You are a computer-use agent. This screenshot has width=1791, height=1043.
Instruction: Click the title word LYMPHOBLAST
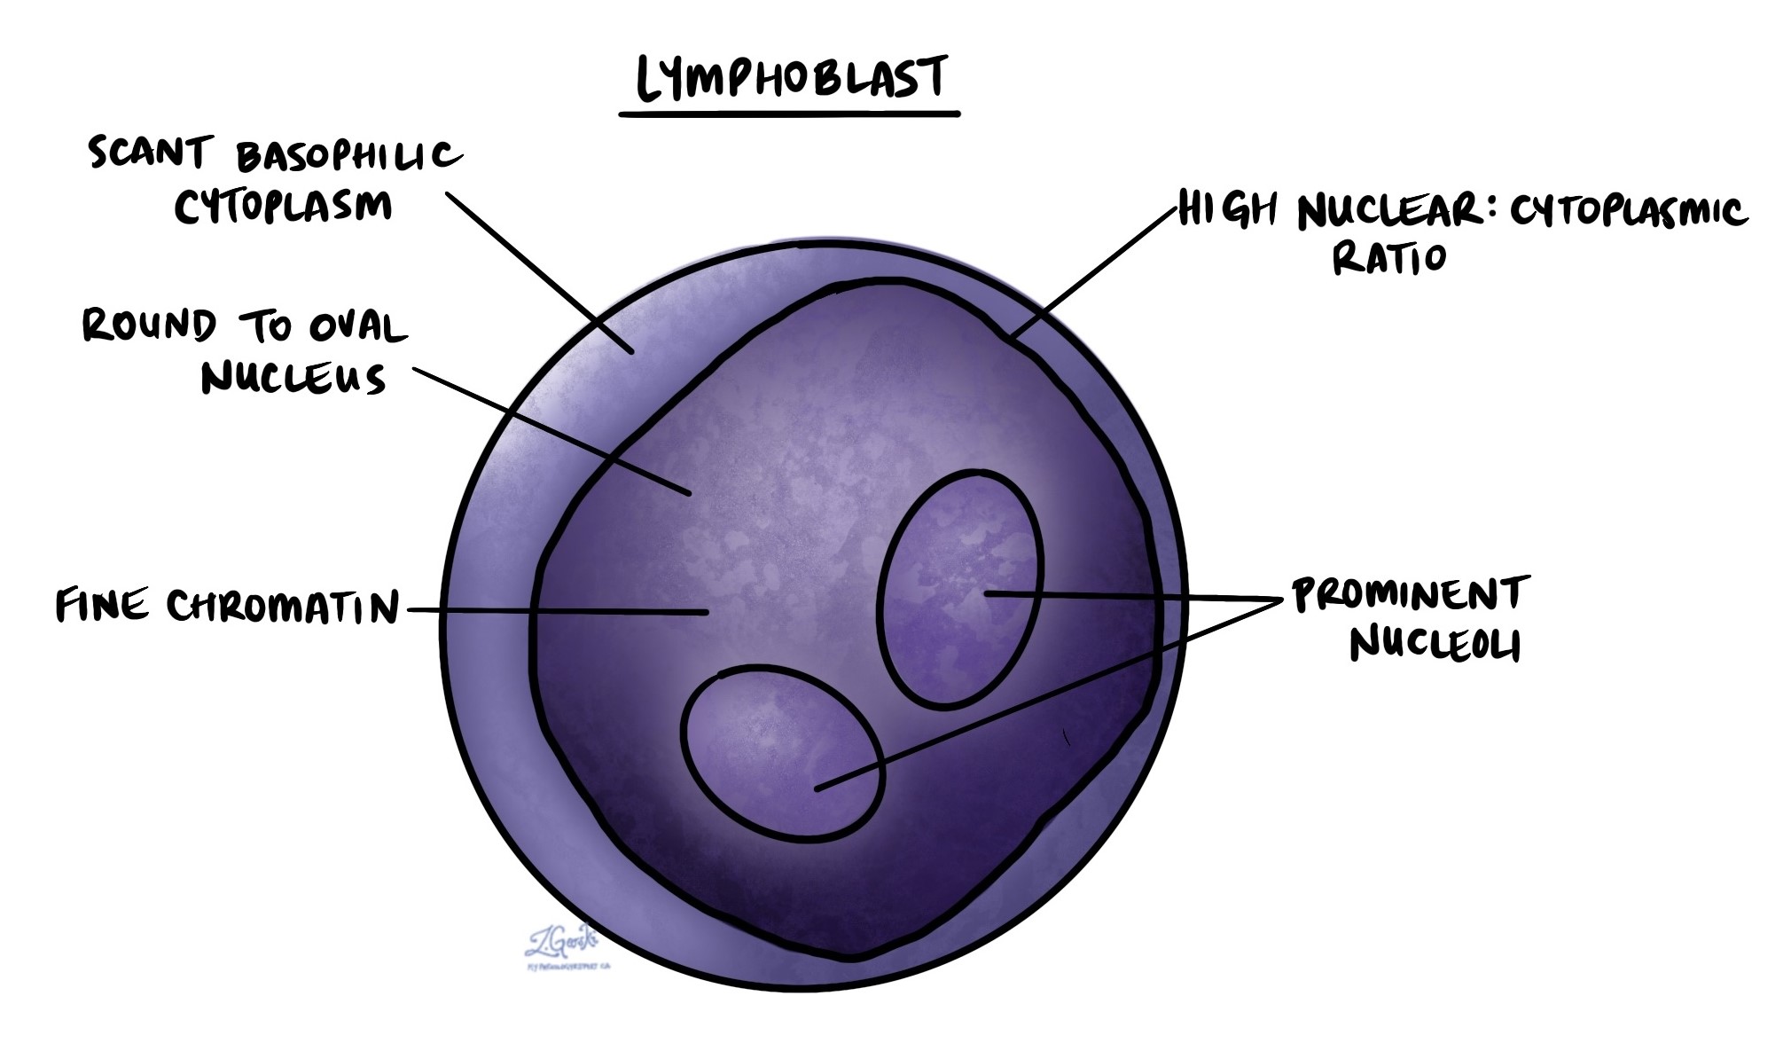[791, 77]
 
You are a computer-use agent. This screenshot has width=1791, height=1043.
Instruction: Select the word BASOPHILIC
[348, 157]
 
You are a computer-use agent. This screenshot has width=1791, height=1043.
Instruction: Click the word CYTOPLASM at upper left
[283, 207]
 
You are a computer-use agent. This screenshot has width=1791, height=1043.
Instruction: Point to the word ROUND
[149, 325]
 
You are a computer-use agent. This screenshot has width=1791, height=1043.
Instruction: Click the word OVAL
[357, 327]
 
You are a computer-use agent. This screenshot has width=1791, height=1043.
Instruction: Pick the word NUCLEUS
[293, 379]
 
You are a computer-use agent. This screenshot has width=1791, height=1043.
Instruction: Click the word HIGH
[1228, 211]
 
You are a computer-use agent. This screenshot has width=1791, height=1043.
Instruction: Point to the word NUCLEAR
[1389, 213]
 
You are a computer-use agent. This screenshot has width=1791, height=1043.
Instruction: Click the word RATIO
[1388, 259]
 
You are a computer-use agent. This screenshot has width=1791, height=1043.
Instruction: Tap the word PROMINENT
[1411, 595]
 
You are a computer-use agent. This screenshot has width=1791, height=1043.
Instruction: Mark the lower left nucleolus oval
[782, 752]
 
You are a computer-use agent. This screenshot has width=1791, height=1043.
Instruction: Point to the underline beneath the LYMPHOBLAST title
[789, 114]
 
